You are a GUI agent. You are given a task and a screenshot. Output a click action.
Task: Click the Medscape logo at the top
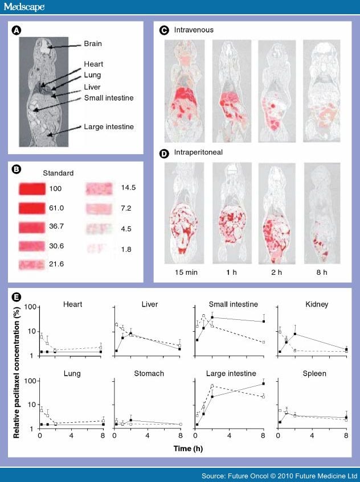point(23,7)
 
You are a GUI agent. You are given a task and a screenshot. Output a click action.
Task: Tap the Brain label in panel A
point(93,43)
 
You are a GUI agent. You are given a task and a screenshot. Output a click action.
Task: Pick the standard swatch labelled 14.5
point(101,188)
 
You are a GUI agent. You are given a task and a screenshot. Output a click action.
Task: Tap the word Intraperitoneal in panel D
point(196,153)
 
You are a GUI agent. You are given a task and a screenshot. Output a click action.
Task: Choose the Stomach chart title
point(150,374)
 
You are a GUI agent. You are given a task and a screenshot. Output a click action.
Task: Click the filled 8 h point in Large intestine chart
point(264,384)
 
